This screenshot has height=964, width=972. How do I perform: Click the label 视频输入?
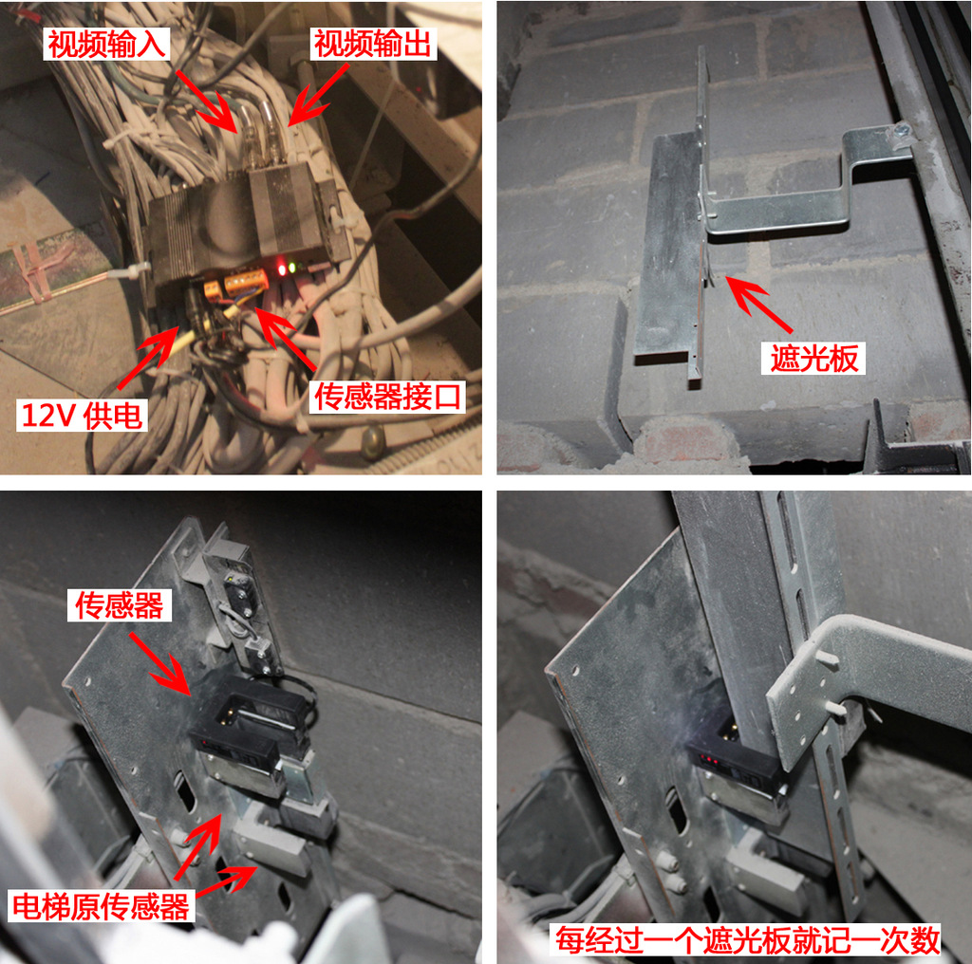(x=106, y=44)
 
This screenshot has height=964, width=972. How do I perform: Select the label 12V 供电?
(x=82, y=415)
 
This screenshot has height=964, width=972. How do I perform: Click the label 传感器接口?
(x=388, y=397)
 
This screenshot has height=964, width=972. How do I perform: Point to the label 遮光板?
(x=813, y=358)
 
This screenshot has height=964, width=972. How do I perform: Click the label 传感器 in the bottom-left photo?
(x=119, y=605)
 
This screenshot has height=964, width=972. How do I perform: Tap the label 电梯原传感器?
(x=101, y=906)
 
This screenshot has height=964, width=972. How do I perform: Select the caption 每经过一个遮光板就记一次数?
(x=747, y=940)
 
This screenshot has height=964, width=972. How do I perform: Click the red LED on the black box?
(x=282, y=269)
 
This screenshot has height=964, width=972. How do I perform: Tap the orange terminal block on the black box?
(x=246, y=283)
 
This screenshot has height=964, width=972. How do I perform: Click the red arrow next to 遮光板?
(x=758, y=305)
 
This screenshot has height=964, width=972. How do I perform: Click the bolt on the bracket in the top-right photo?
(x=900, y=131)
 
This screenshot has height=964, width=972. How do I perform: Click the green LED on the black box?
(x=292, y=268)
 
